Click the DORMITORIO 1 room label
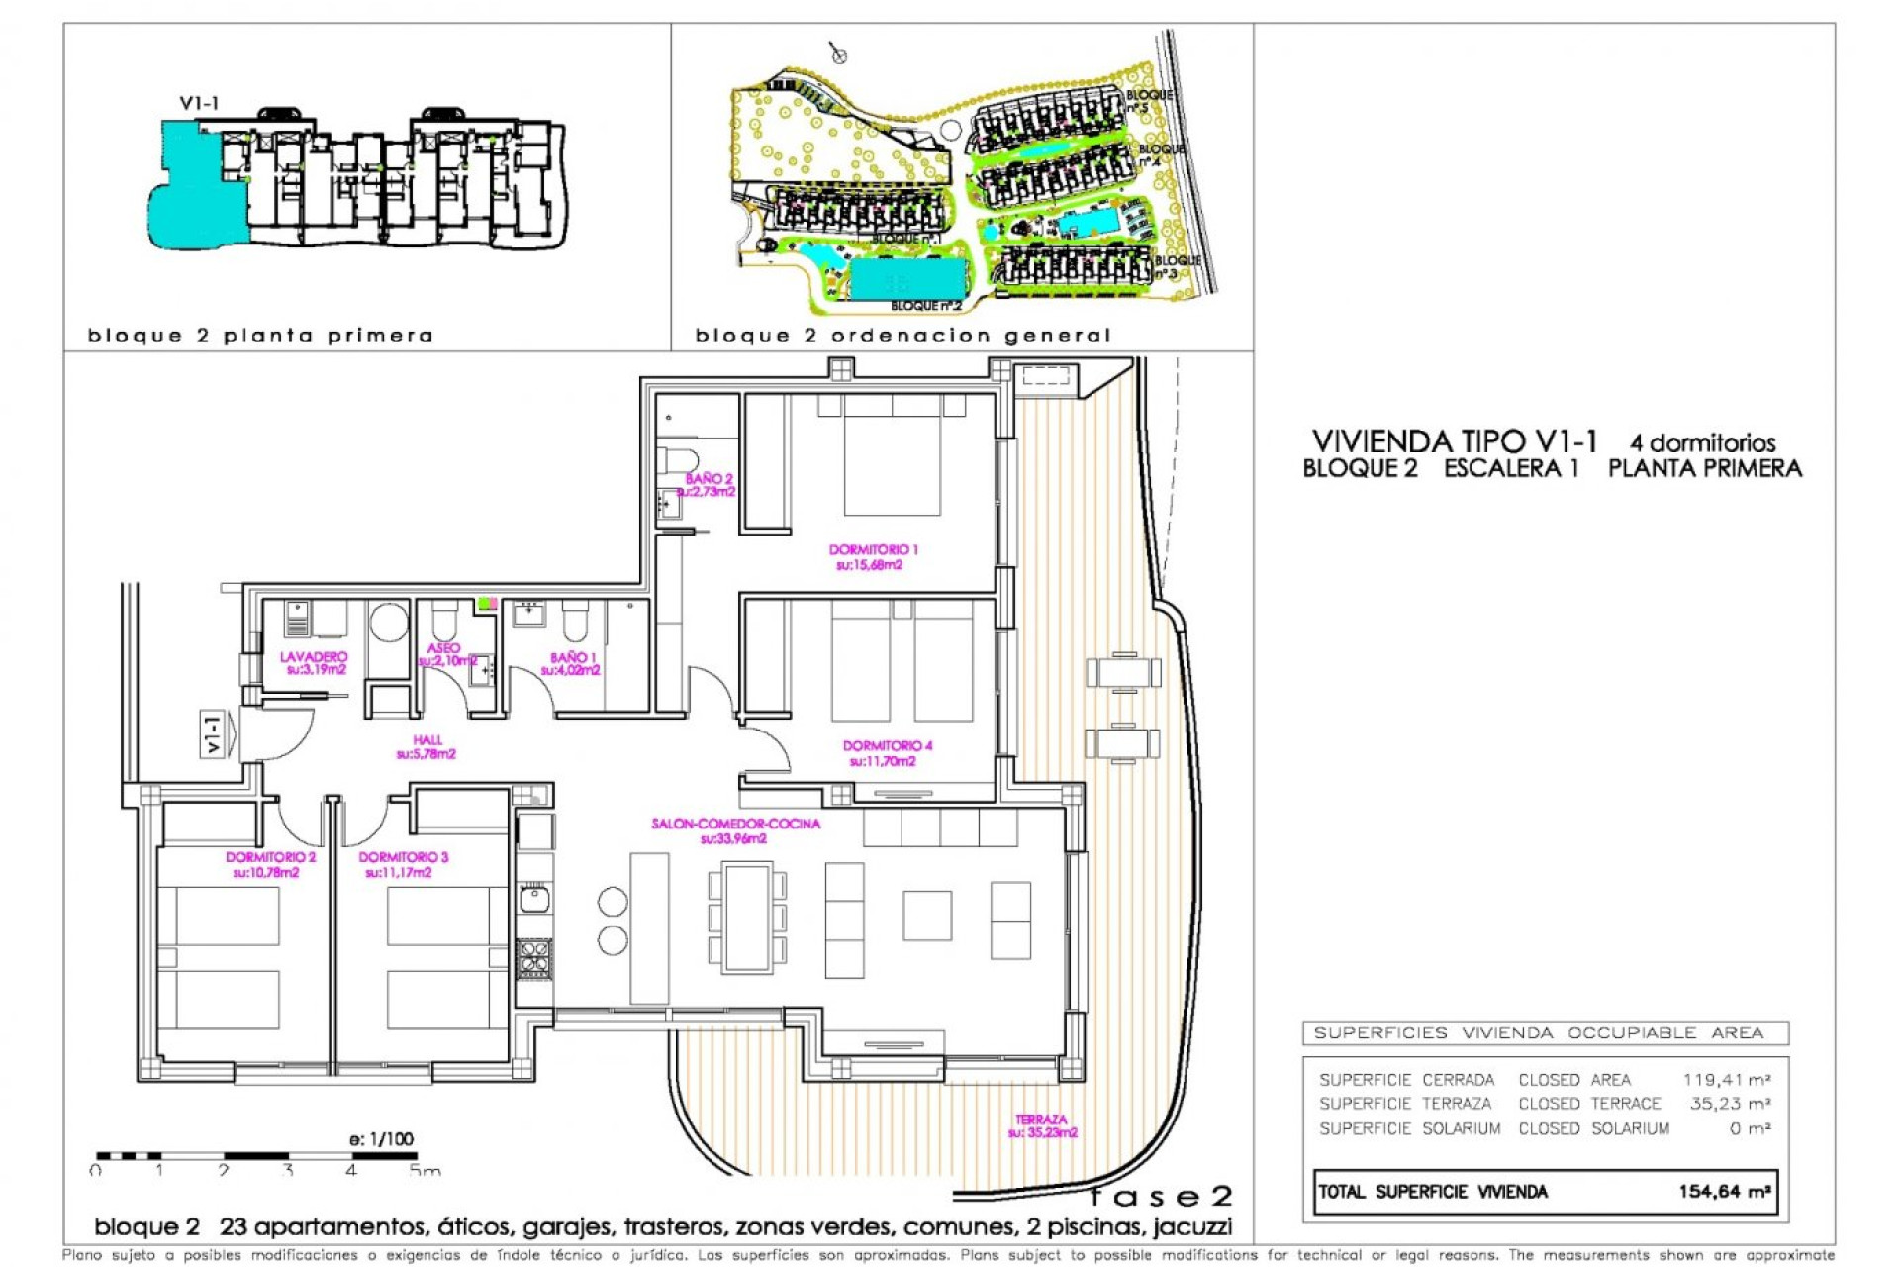873,556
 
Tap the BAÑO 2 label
709,485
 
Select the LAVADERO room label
314,662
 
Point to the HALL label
427,746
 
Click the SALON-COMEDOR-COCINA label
734,830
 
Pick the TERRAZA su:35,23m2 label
1041,1125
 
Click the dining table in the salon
747,917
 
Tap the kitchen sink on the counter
534,899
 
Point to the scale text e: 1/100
381,1139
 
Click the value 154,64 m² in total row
1724,1192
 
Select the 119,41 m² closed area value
1726,1080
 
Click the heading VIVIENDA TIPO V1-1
1454,441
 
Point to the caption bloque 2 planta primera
260,336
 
